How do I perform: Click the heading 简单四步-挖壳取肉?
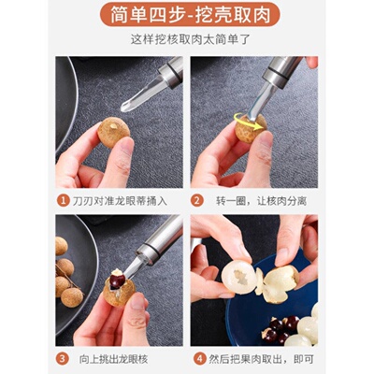(187, 16)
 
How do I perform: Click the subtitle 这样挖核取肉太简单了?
(187, 41)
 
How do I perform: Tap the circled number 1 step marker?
(63, 200)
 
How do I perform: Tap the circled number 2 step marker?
(198, 200)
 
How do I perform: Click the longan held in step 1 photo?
(115, 135)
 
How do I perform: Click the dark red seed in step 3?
(116, 277)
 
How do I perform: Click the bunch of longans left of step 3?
(65, 271)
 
